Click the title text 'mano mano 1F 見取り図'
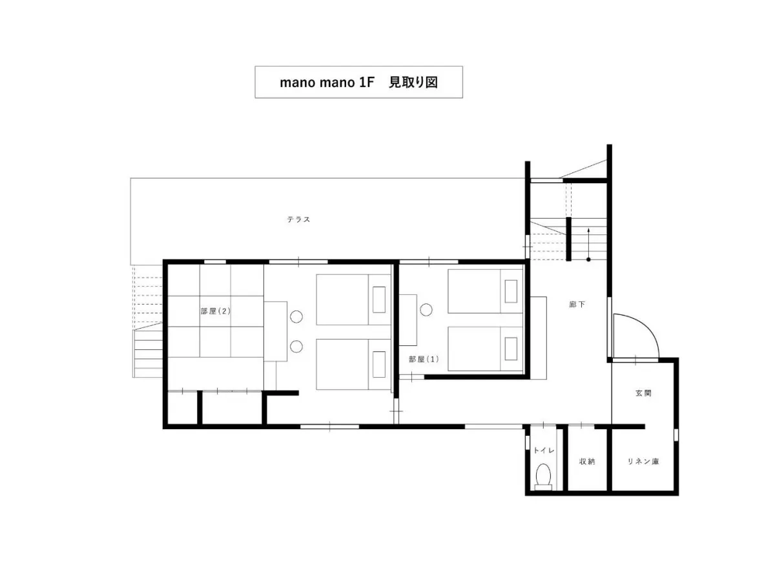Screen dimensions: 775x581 [x=358, y=82]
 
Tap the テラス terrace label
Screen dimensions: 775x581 [x=298, y=219]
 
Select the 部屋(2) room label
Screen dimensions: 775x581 [x=215, y=311]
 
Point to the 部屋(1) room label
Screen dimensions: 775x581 [x=423, y=359]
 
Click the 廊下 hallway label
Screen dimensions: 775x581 [x=577, y=304]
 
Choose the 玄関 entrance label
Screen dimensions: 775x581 [x=643, y=393]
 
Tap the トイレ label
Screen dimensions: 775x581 [x=544, y=451]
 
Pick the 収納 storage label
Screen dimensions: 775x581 [x=587, y=461]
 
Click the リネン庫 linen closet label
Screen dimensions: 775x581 [x=643, y=461]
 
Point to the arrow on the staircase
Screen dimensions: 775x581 [x=588, y=244]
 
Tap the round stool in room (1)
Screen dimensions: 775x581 [x=426, y=310]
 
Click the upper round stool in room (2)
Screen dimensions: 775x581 [x=296, y=316]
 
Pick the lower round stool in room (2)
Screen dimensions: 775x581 [x=296, y=347]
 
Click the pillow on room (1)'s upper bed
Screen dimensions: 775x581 [x=511, y=291]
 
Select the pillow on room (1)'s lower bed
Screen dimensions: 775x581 [x=511, y=349]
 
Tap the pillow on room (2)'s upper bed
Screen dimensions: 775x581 [x=378, y=299]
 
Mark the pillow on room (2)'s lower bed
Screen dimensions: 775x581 [x=378, y=364]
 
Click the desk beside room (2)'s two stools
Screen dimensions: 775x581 [x=275, y=331]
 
